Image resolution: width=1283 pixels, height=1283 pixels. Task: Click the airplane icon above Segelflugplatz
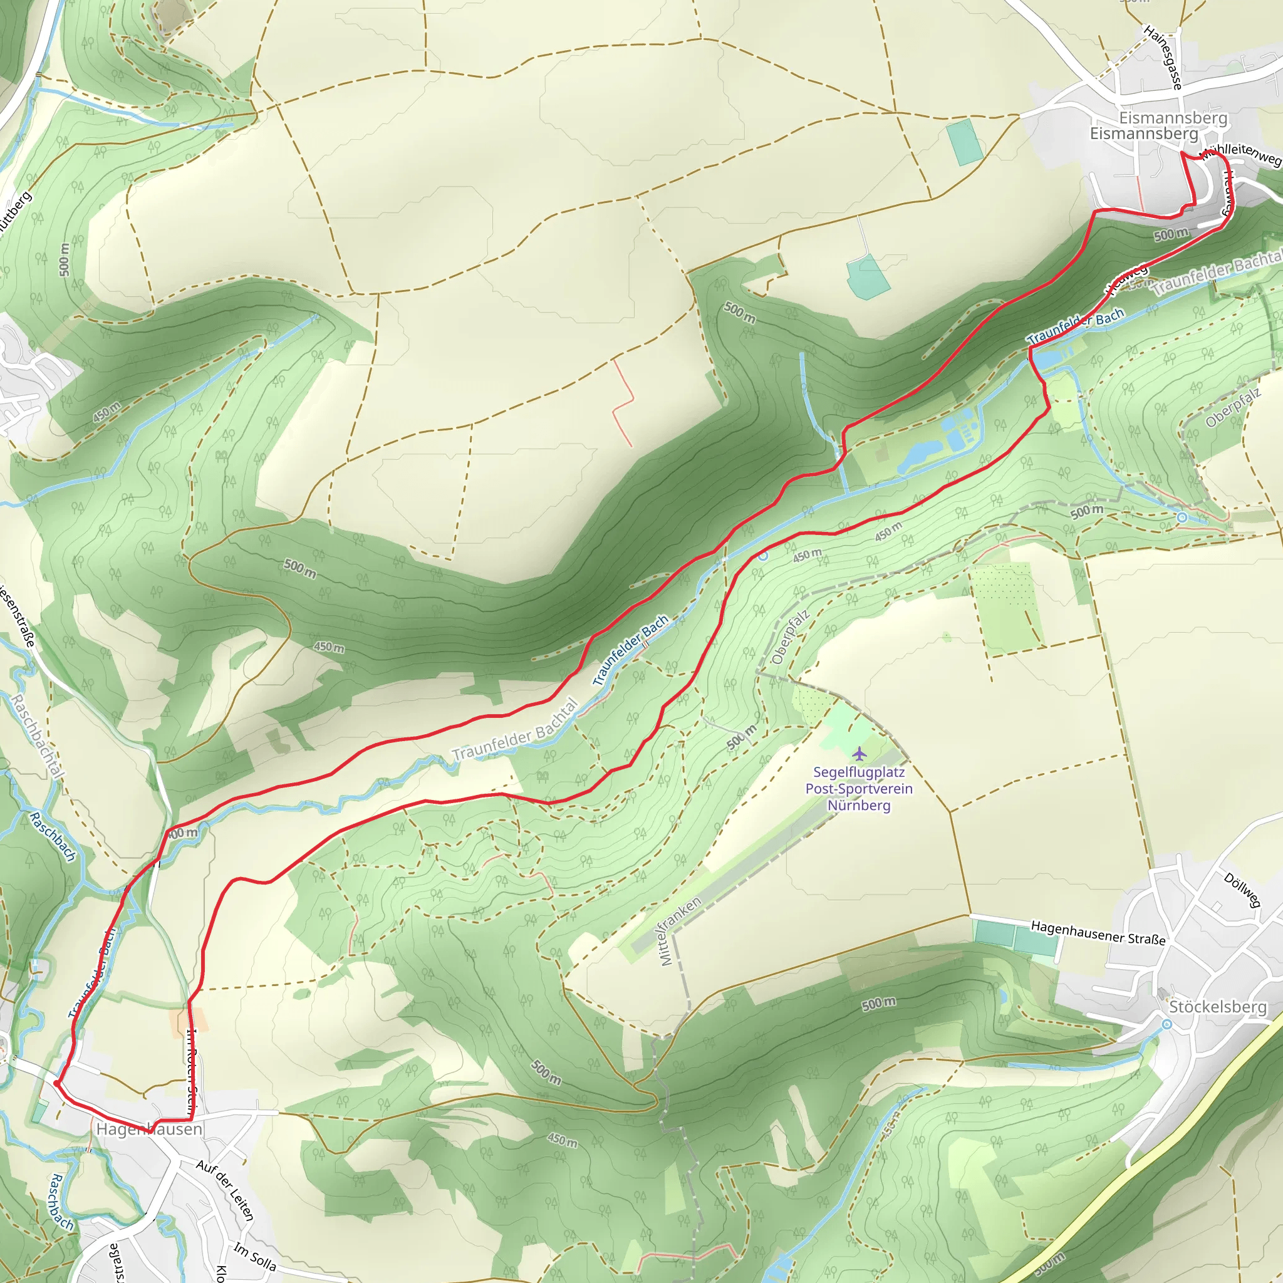[x=860, y=754]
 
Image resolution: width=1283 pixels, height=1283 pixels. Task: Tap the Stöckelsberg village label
[x=1217, y=1007]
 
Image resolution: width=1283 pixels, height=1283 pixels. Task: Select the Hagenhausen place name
[x=150, y=1129]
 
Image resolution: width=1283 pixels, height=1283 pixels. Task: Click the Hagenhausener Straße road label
[x=1098, y=933]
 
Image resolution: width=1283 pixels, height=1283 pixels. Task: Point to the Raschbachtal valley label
[x=38, y=737]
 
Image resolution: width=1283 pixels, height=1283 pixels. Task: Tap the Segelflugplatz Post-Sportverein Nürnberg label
[x=859, y=789]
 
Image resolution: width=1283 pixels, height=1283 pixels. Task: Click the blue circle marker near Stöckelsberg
[x=1166, y=1025]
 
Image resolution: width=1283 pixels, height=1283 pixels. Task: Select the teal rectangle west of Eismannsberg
[x=964, y=142]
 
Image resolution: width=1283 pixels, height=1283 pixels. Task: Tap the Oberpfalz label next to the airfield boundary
[x=790, y=638]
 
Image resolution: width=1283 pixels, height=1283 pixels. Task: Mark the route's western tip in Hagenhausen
[x=56, y=1083]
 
